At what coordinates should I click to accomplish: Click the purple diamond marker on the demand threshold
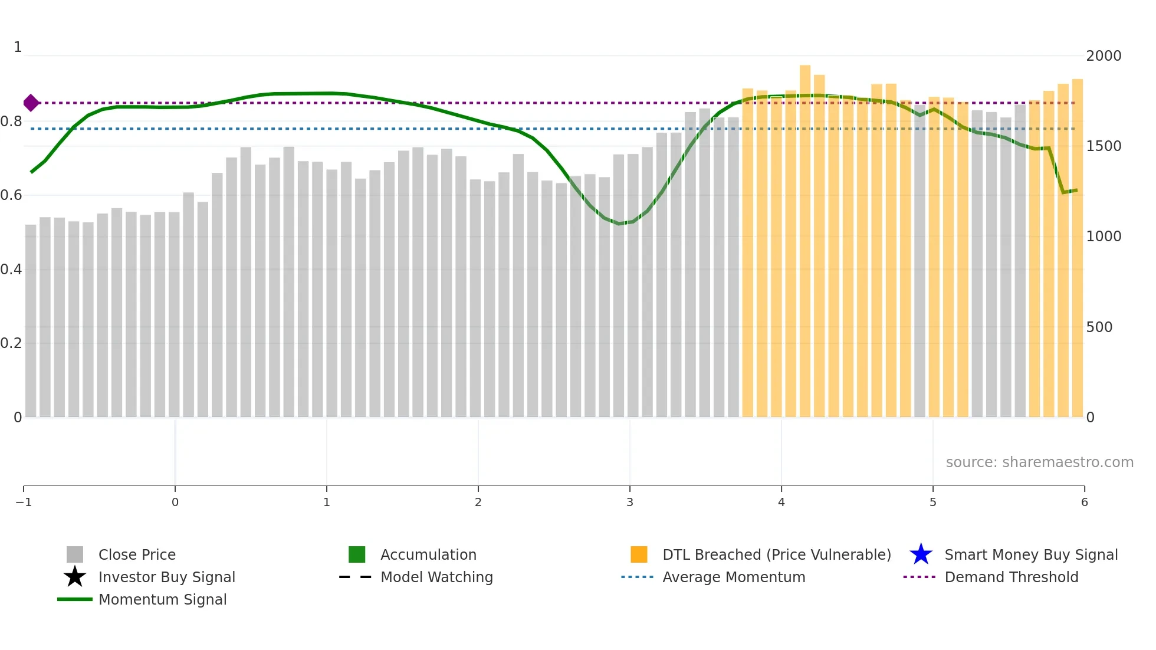[31, 103]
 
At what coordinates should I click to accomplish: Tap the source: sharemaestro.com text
[1039, 462]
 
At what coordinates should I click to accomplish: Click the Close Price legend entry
[137, 555]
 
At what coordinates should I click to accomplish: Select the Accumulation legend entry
[428, 555]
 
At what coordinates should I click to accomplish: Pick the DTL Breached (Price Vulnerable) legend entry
[776, 555]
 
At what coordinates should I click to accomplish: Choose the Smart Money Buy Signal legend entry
[1031, 555]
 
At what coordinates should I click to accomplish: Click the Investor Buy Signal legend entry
[166, 577]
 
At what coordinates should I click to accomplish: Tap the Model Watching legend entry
[436, 577]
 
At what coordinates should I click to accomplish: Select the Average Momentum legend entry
[734, 577]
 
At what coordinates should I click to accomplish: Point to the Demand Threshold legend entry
[1011, 577]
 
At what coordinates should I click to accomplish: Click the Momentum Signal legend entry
[162, 600]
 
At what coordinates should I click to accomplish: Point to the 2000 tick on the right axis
[1104, 56]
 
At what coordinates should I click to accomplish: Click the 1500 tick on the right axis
[1104, 146]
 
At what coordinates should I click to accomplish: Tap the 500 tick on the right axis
[1099, 327]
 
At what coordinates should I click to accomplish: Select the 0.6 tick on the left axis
[11, 195]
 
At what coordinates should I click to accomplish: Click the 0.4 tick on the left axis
[11, 270]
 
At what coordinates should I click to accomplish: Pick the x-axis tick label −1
[24, 503]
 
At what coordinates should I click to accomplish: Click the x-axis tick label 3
[630, 503]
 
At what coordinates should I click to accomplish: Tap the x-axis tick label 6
[1084, 503]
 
